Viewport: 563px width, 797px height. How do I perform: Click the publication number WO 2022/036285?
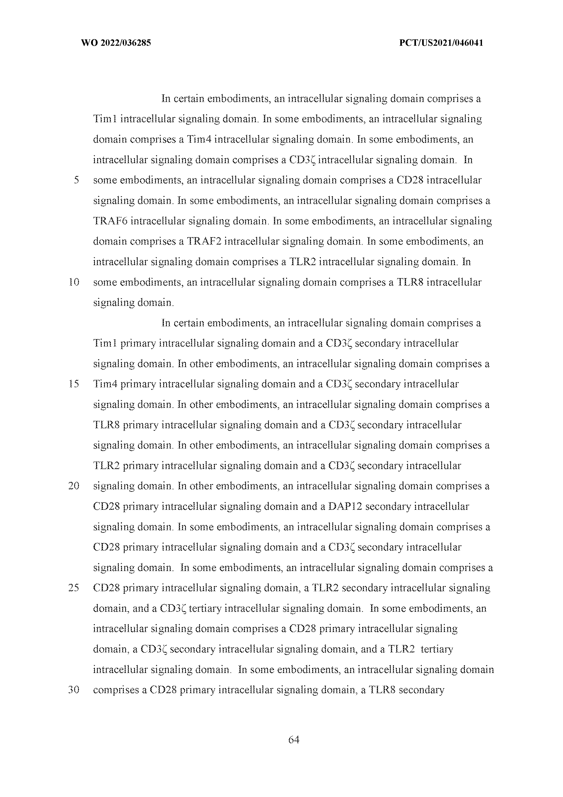[x=116, y=43]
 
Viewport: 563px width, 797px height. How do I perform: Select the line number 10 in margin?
[x=74, y=282]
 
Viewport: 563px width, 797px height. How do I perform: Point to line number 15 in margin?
[x=74, y=384]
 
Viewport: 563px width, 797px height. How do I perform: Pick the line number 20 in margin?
[x=74, y=486]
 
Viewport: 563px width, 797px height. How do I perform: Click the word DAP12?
[x=345, y=506]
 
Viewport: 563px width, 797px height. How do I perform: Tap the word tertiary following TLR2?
[x=437, y=649]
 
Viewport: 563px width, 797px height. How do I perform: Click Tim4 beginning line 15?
[x=106, y=384]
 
